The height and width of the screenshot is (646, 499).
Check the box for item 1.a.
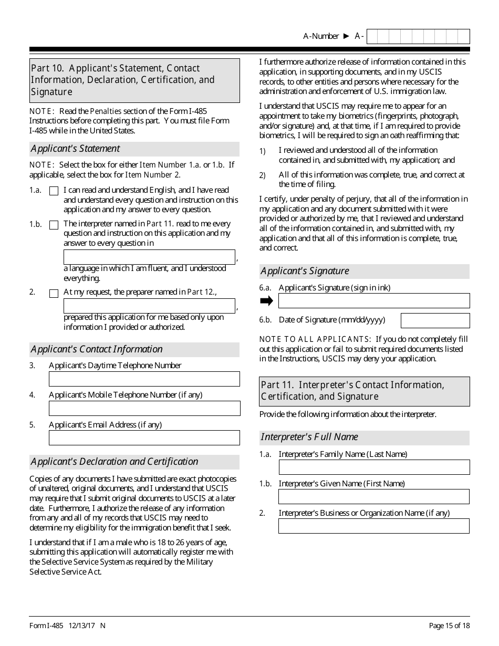54,191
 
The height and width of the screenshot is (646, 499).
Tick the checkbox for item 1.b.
54,225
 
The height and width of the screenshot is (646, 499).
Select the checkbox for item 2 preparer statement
54,294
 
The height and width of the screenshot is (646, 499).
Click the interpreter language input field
149,257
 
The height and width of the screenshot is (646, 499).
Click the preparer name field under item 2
149,306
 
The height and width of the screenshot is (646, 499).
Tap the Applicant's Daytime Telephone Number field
144,379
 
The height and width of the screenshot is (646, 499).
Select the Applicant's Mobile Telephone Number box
144,408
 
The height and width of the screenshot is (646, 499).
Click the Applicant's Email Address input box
144,437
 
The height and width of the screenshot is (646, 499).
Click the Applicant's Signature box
373,300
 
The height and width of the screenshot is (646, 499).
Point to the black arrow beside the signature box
267,301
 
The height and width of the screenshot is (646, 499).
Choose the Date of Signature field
435,320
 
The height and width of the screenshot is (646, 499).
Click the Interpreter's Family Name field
373,467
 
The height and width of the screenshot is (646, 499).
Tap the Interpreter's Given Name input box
373,496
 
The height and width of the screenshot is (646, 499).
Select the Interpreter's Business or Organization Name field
373,526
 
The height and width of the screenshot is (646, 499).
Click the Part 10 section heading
134,80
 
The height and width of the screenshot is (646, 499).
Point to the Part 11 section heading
365,391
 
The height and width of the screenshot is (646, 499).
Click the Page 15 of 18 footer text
449,625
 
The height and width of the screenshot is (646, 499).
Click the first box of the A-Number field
372,36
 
